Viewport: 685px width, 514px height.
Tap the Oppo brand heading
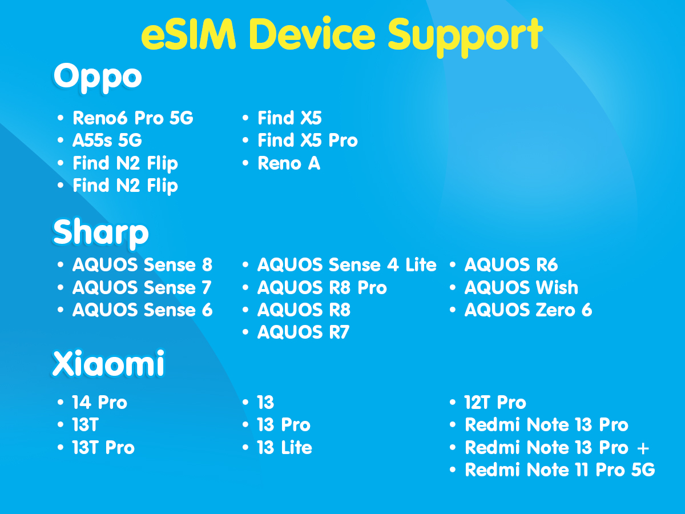pos(98,78)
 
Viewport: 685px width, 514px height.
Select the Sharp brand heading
pos(100,233)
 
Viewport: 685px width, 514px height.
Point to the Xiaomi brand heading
pos(108,363)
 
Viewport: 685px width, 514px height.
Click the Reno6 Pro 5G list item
pos(133,118)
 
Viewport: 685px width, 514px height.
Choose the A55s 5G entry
pos(107,140)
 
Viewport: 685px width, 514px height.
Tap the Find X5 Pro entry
pos(307,140)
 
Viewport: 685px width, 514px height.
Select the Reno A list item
pos(289,163)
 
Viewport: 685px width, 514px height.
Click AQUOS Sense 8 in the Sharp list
pos(142,265)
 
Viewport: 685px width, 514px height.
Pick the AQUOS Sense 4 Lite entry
pos(346,265)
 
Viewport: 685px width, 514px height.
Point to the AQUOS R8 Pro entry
pos(322,287)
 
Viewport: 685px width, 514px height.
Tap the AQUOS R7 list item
pos(303,332)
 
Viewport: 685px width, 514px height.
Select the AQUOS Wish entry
pos(521,287)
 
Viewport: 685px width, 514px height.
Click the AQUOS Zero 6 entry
pos(528,310)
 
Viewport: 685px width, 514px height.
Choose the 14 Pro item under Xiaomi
pos(99,402)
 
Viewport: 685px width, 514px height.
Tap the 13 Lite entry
pos(284,448)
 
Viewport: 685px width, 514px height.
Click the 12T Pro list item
pos(495,402)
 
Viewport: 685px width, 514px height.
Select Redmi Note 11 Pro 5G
pos(560,469)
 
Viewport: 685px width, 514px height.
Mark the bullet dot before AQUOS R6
pos(453,265)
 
